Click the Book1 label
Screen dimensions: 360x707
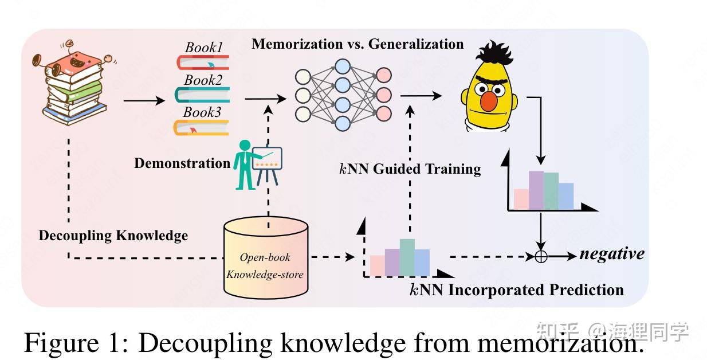(x=203, y=48)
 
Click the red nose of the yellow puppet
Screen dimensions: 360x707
(x=488, y=101)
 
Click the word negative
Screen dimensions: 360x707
(x=611, y=254)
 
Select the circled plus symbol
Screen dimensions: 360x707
(x=541, y=257)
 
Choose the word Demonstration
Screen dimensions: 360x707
(x=182, y=163)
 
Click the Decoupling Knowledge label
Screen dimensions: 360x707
(x=113, y=236)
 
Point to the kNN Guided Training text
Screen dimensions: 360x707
(x=410, y=169)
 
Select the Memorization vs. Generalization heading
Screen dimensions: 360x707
(x=358, y=44)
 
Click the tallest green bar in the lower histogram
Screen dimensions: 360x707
(x=407, y=257)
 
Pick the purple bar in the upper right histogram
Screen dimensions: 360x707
(x=536, y=190)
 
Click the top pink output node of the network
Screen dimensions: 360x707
(x=383, y=75)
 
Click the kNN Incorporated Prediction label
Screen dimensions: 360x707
(x=516, y=289)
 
